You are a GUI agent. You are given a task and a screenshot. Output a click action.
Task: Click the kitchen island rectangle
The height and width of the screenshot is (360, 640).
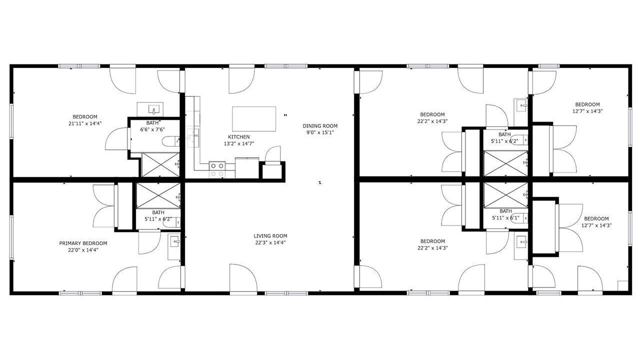tap(254, 119)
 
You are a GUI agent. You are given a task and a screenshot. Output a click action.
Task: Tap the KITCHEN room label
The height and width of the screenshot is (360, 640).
tap(239, 137)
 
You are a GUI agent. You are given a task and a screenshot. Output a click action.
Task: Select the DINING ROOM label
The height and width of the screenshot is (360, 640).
tap(320, 125)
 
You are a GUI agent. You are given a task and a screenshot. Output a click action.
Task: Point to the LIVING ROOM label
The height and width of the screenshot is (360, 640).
tap(270, 235)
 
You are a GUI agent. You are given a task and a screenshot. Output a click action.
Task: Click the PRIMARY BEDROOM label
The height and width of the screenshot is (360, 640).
tap(83, 243)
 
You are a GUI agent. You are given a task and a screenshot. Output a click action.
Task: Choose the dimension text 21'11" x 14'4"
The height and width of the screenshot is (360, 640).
tap(85, 123)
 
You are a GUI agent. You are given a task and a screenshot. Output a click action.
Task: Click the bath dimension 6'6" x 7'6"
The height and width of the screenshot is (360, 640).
tap(152, 129)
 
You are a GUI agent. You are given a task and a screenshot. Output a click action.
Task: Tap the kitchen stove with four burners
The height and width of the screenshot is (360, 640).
tap(217, 169)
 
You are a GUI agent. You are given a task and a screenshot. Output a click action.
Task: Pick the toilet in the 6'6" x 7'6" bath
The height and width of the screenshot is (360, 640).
tap(171, 141)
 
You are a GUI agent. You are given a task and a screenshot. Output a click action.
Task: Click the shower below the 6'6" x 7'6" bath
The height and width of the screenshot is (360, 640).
tap(160, 164)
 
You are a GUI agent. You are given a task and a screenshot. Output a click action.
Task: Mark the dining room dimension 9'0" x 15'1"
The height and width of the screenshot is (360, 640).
tap(320, 132)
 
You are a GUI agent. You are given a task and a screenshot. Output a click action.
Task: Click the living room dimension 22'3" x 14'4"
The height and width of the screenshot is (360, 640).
tap(270, 242)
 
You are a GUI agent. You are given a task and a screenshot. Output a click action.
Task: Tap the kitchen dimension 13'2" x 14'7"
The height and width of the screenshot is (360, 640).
tap(239, 143)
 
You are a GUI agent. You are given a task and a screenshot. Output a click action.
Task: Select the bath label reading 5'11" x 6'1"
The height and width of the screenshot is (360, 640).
tap(505, 218)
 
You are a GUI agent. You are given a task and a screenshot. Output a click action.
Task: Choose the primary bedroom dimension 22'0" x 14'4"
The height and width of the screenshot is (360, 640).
tap(83, 250)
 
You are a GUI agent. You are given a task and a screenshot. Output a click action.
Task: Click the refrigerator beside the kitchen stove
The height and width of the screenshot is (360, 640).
tap(247, 167)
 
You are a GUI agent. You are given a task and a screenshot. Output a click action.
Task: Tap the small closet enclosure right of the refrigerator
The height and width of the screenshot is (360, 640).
tap(272, 171)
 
